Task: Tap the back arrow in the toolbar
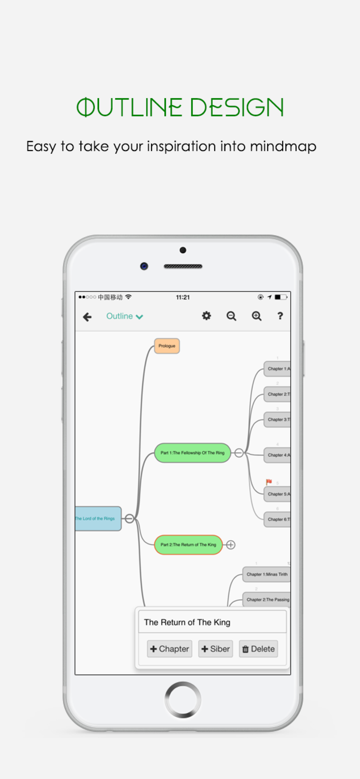[87, 317]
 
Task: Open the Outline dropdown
[124, 316]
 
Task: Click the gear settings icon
[206, 316]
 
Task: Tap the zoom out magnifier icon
[231, 316]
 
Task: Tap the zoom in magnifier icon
[256, 316]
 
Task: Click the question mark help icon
[280, 316]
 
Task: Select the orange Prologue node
[167, 346]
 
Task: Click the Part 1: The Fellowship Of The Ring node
[192, 453]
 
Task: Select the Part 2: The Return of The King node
[188, 545]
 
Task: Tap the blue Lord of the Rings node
[98, 518]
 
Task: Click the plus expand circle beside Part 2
[231, 545]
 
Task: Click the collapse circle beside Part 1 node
[239, 453]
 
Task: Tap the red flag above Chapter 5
[269, 482]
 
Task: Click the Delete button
[258, 649]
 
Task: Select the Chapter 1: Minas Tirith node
[266, 575]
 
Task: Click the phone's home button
[183, 700]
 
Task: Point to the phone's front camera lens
[144, 266]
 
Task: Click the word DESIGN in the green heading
[236, 108]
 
